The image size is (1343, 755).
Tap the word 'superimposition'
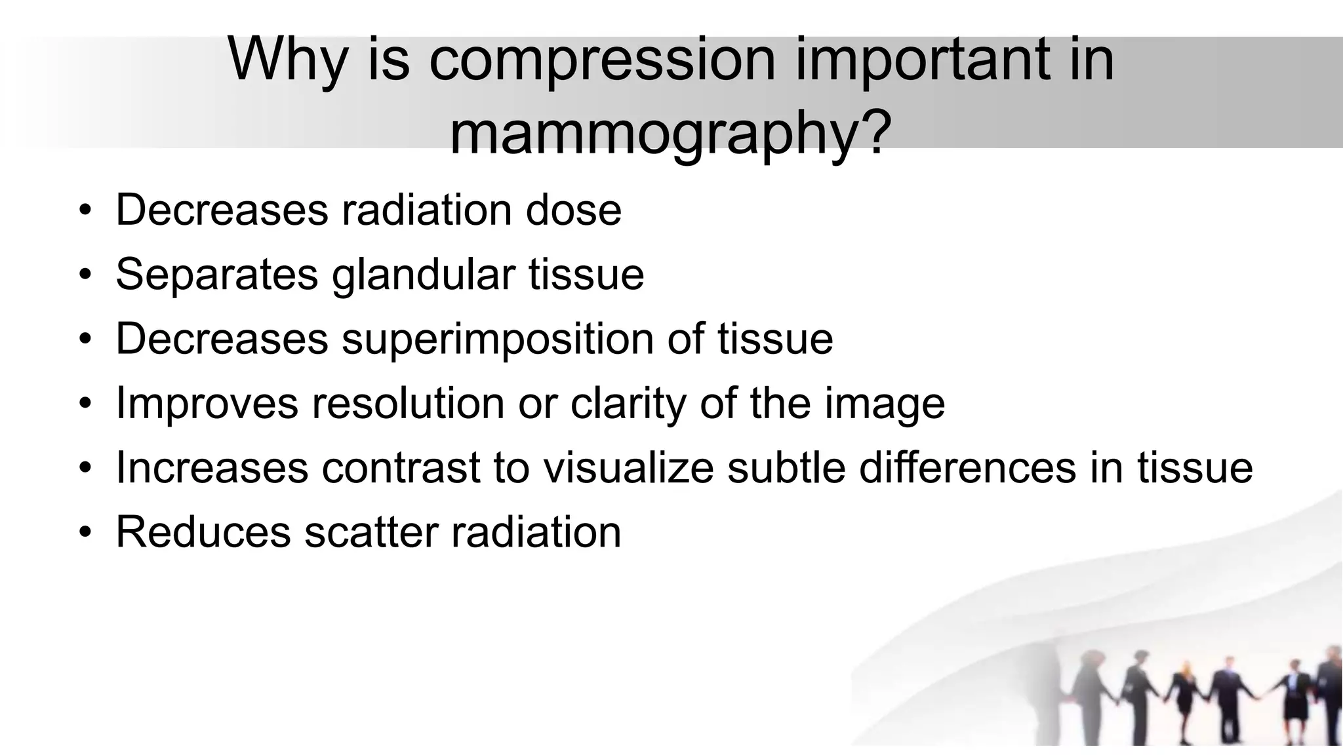click(x=498, y=339)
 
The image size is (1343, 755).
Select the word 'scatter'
click(x=371, y=532)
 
